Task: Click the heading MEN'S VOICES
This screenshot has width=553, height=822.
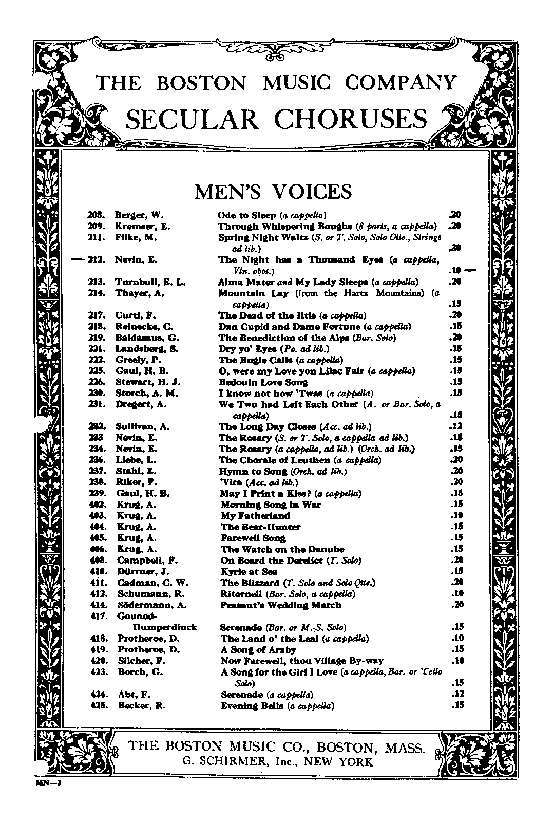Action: tap(273, 192)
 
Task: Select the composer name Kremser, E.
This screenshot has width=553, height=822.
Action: tap(142, 227)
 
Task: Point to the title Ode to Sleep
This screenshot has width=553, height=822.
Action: tap(247, 215)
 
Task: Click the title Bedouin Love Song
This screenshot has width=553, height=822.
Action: tap(263, 382)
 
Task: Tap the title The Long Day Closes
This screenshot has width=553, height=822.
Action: tap(267, 427)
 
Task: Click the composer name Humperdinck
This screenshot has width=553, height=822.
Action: tap(165, 627)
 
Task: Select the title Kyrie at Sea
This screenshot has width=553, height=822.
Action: tap(249, 571)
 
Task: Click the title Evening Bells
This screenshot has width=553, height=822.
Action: tap(253, 706)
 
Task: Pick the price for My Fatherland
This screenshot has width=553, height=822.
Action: tap(456, 515)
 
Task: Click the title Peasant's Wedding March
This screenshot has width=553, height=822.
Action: tap(281, 605)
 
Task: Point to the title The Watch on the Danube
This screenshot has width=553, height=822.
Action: tap(282, 549)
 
